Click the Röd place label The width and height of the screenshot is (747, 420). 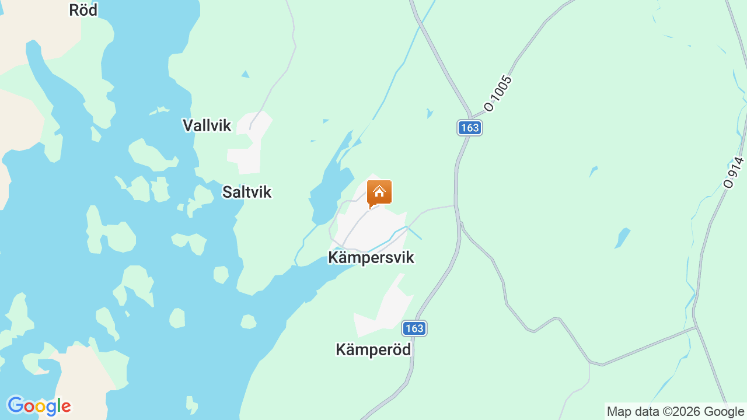[x=83, y=10]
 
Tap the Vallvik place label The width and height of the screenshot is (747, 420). [x=207, y=125]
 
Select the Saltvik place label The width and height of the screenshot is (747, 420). [x=247, y=192]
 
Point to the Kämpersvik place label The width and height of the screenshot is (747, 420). [x=371, y=257]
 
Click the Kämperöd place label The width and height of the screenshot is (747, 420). [x=373, y=349]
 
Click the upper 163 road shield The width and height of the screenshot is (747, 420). [x=469, y=128]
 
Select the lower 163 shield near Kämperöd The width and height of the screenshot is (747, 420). [x=414, y=328]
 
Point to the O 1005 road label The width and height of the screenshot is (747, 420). [x=498, y=93]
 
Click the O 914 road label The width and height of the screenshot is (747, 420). [x=734, y=173]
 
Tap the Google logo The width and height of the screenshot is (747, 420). [x=39, y=406]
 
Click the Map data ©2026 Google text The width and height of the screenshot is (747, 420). [x=675, y=412]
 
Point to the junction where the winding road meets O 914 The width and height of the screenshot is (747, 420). [x=696, y=327]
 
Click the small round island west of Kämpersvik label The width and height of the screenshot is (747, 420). [x=221, y=274]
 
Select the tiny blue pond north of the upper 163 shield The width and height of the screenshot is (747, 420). [x=430, y=113]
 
